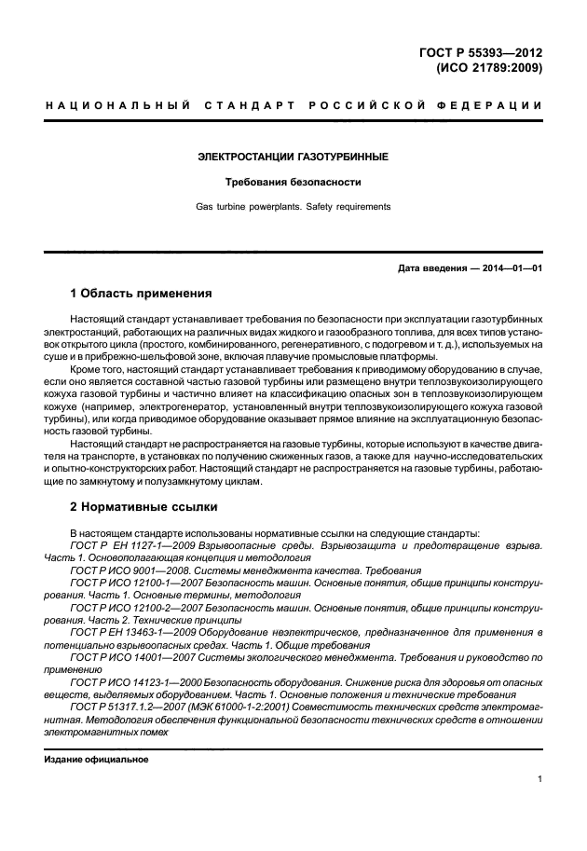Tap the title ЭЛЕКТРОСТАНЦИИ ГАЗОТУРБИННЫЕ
[x=293, y=157]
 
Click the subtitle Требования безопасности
[x=293, y=182]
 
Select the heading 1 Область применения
[x=142, y=293]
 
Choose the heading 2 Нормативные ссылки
[x=144, y=508]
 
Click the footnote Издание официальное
[x=96, y=760]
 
